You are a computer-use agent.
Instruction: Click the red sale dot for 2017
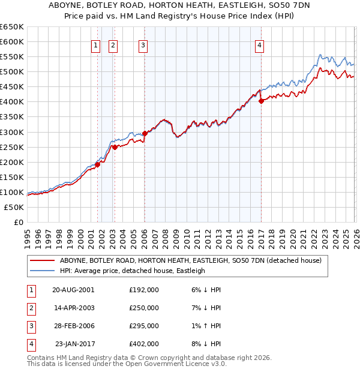point(261,101)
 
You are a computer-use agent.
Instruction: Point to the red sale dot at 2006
point(145,133)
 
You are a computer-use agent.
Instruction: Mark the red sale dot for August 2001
point(97,164)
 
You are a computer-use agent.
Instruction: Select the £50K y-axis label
point(14,207)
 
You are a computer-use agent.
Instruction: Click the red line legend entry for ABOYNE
point(191,260)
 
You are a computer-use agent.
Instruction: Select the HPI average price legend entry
point(132,271)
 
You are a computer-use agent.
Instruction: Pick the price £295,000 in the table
point(144,326)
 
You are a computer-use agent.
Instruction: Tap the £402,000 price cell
point(144,344)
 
